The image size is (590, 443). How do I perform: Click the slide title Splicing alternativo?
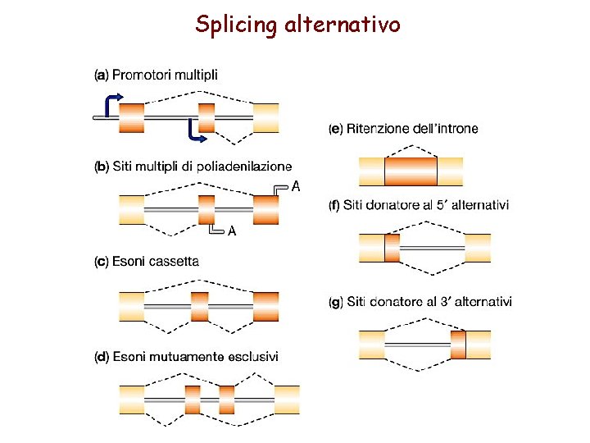(x=297, y=25)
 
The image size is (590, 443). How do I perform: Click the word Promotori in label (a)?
(x=138, y=75)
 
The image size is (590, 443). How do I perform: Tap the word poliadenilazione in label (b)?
(x=243, y=167)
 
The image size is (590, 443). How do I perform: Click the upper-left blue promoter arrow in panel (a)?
(x=113, y=103)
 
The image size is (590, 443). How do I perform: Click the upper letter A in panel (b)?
(x=296, y=187)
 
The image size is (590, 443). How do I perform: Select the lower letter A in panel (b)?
(x=232, y=231)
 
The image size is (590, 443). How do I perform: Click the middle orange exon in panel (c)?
(x=199, y=306)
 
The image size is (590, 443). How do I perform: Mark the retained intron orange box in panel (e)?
(x=411, y=171)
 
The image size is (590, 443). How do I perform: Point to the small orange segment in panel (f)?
(x=392, y=248)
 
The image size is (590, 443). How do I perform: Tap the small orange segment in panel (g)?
(x=457, y=345)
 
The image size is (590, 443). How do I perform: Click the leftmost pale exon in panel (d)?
(x=132, y=399)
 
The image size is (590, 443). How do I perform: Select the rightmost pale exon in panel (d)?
(x=287, y=399)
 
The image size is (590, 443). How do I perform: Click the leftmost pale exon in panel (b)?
(x=132, y=209)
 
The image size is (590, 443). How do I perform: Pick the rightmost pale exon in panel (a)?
(x=265, y=117)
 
